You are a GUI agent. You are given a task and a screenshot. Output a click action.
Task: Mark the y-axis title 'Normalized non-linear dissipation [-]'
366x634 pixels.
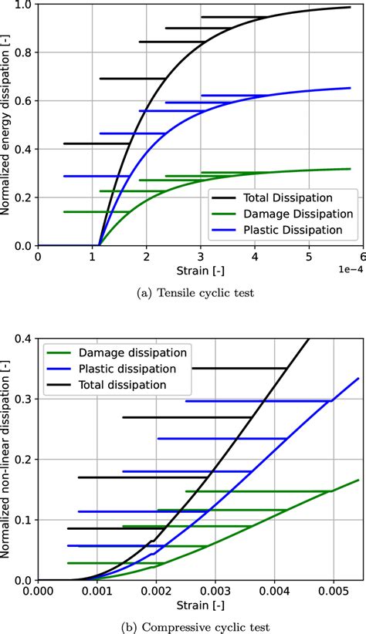[7, 458]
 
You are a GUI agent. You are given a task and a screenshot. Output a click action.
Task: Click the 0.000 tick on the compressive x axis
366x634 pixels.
[38, 592]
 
